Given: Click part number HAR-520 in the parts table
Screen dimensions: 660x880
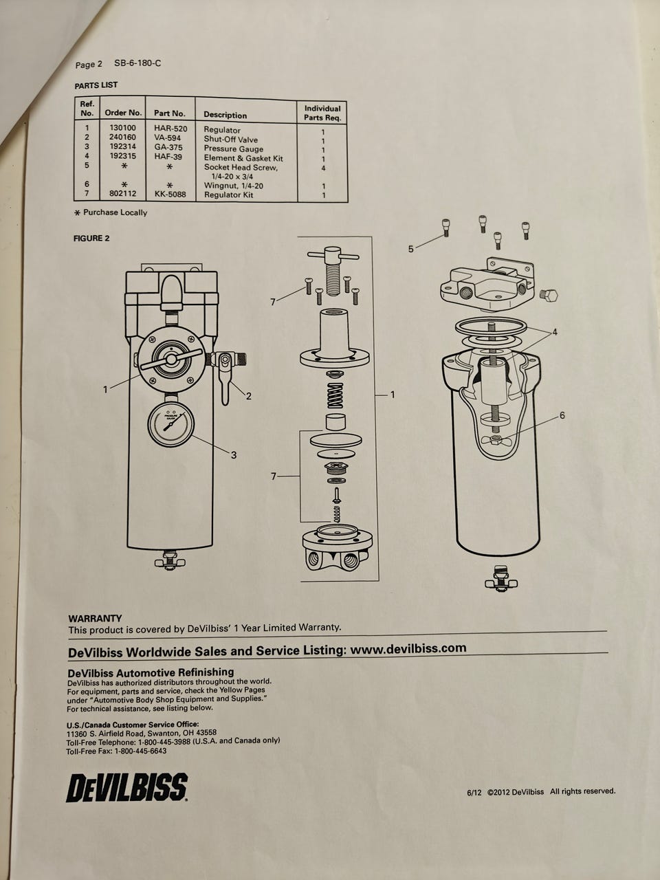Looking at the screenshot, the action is [170, 129].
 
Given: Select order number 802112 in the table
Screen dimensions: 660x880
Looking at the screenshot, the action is [123, 194].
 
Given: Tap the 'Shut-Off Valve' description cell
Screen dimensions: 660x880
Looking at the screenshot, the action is [231, 140].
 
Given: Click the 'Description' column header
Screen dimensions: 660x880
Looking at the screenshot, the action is [225, 115].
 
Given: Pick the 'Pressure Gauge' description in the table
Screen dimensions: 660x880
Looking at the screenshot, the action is [234, 148].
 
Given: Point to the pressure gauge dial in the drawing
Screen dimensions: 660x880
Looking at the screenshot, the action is [171, 425].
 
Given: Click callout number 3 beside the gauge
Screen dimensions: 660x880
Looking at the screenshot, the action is [234, 455].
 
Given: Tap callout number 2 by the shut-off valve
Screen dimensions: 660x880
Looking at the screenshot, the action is [249, 397].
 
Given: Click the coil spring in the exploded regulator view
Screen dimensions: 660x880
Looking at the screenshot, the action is [335, 395].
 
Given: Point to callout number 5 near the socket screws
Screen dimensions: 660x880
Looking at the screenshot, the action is [410, 249].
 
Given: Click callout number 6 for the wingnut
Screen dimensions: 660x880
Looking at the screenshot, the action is [562, 415].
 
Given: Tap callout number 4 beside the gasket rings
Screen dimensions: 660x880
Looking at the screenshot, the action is [555, 332].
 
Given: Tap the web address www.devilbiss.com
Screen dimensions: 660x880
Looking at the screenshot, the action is [408, 648].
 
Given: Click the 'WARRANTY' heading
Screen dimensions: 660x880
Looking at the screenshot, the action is [95, 619].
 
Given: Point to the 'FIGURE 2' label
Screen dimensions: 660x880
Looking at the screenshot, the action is [91, 238].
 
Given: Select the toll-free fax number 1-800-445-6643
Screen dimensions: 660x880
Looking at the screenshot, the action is [140, 751].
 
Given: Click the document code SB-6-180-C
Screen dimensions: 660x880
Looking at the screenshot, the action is [138, 63].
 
